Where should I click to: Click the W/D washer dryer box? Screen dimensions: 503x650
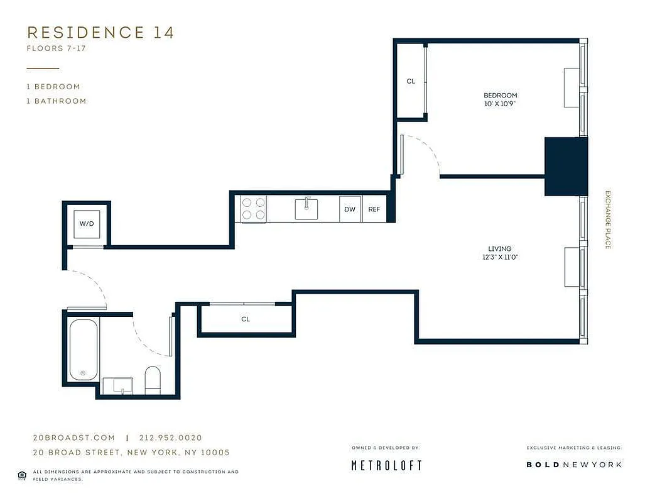click(87, 224)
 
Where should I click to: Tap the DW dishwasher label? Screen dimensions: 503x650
click(350, 209)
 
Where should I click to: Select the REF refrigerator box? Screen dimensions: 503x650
click(374, 209)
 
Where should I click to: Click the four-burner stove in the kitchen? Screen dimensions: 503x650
click(253, 209)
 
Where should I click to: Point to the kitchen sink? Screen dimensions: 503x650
click(306, 208)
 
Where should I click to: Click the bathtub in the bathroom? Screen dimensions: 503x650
click(83, 350)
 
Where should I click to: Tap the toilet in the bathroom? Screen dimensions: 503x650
click(153, 380)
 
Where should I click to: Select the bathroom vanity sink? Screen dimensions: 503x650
click(117, 386)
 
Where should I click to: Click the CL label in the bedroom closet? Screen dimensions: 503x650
click(411, 81)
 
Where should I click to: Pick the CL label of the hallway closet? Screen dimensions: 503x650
click(246, 319)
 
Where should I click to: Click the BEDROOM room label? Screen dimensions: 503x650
click(500, 95)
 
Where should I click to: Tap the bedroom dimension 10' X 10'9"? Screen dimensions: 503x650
click(500, 104)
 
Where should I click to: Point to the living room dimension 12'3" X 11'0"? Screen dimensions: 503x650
click(500, 257)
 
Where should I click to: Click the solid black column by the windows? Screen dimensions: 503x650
click(565, 166)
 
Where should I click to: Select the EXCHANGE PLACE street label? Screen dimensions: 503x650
click(607, 219)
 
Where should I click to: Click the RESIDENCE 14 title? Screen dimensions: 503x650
click(100, 33)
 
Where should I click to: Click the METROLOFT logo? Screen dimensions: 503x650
click(386, 465)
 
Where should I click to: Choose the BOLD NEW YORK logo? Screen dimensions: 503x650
click(573, 465)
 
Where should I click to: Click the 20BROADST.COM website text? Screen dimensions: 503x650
click(73, 438)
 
